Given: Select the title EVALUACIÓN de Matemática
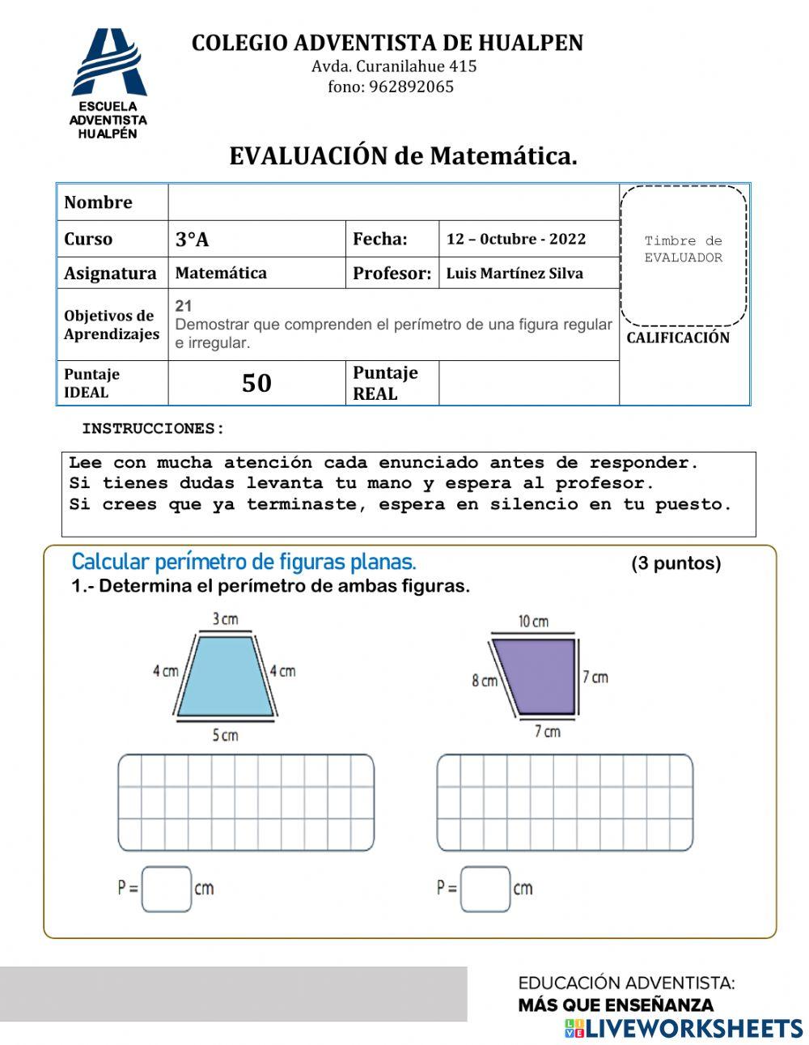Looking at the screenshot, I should tap(403, 155).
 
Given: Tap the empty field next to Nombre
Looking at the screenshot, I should tap(393, 202).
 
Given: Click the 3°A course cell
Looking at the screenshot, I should tap(256, 239).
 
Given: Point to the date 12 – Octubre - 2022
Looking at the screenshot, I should tap(516, 239).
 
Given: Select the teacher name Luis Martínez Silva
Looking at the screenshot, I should tap(515, 274).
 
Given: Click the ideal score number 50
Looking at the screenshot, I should tap(256, 383).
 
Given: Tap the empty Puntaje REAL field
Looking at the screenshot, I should tap(528, 383).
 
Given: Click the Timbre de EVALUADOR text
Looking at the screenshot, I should tap(683, 249).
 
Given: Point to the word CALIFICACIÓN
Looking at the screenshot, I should tap(678, 338).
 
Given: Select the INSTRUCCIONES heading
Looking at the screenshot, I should tap(153, 428).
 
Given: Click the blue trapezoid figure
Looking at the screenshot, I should tap(226, 676).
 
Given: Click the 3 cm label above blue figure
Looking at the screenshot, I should tap(226, 619).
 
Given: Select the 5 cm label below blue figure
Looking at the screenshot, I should tap(226, 735).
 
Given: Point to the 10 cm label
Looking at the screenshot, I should tap(533, 622).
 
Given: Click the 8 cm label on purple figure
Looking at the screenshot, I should tap(485, 681).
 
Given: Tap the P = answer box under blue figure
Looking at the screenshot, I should tap(167, 889).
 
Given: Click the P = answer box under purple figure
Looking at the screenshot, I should tap(485, 889).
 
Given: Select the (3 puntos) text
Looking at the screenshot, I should tap(676, 563).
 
